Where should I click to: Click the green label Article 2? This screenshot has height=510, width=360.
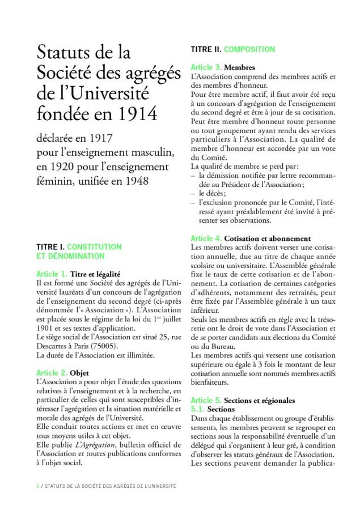(52, 373)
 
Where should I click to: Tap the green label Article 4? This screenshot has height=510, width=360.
(206, 239)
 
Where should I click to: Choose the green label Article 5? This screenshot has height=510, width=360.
(206, 400)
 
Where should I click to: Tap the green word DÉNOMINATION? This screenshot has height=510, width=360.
(67, 256)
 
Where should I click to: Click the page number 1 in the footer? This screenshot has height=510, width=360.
(37, 486)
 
